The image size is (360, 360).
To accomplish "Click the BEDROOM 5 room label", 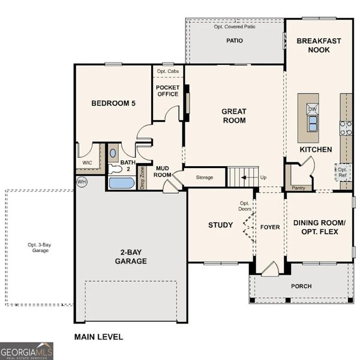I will pos(113,103).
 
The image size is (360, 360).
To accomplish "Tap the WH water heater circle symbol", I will pos(81,181).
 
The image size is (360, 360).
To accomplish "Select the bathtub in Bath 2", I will pos(122,182).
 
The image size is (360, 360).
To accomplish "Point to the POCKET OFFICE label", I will pos(167,91).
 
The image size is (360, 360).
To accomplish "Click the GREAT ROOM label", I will pos(234,115).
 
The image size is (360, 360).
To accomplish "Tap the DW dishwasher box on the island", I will pos(312,109).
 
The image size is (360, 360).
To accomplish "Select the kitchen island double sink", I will pos(312,124).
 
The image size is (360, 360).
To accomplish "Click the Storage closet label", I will pos(205,178).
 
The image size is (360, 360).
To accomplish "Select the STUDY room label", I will pos(220,225).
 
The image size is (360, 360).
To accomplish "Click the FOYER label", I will pos(270,227).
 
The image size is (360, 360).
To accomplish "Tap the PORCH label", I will pos(301,286).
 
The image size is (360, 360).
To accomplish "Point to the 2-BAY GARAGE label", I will pos(131,257).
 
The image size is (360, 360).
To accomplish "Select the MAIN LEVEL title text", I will pos(98,337).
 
